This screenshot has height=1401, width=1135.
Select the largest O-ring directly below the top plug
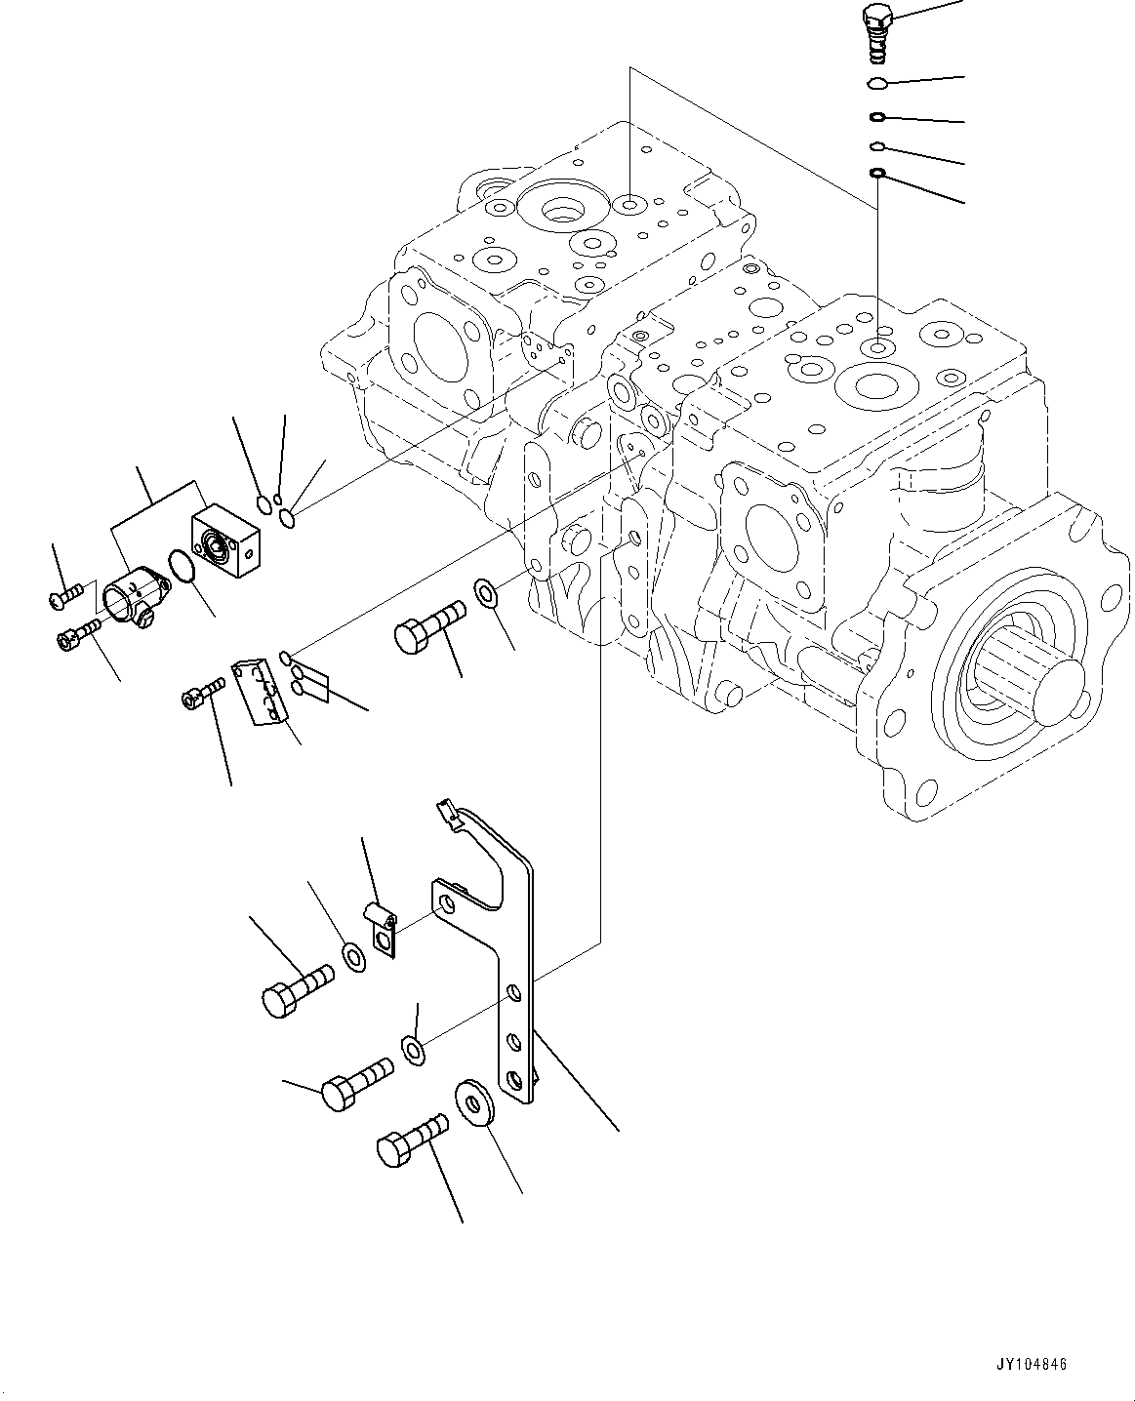(x=877, y=83)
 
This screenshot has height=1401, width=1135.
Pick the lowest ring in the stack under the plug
(x=877, y=174)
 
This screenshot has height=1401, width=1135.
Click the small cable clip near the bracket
(x=382, y=930)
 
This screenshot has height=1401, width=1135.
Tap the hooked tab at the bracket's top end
(x=446, y=813)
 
